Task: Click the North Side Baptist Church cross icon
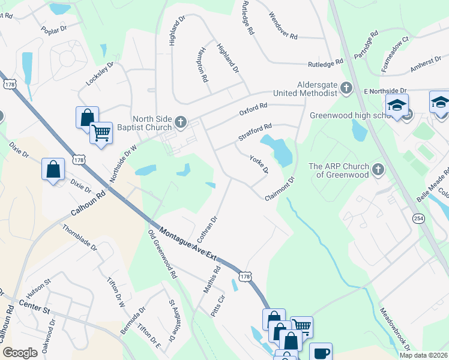coord(180,124)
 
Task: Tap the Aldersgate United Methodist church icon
coord(346,89)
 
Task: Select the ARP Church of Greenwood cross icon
coord(378,170)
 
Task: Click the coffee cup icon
coord(321,352)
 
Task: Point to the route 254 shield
coord(418,219)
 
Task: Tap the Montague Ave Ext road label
coord(187,244)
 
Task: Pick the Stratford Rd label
coord(255,132)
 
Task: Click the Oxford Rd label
coord(253,109)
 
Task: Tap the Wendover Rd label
coord(283,26)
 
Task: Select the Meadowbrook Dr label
coord(395,330)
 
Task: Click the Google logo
coord(20,353)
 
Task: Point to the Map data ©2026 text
coord(423,355)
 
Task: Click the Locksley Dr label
coord(100,74)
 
